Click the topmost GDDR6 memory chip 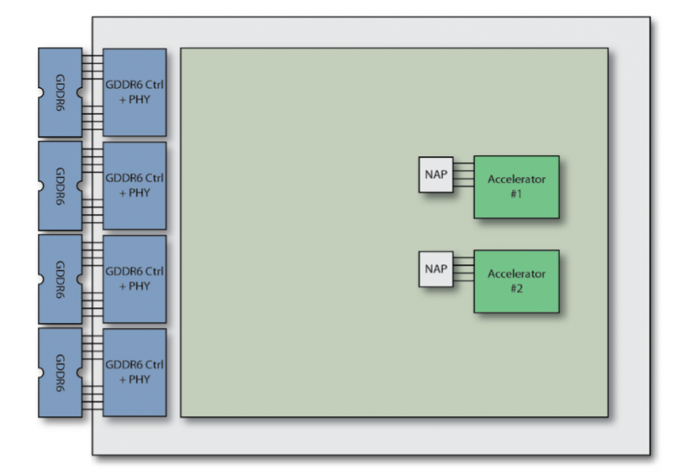[60, 92]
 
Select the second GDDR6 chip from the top [60, 186]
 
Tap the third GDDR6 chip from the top [60, 279]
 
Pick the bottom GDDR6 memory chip [60, 372]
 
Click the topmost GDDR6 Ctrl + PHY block [134, 92]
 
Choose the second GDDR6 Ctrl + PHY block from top [134, 186]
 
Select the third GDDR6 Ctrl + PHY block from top [134, 279]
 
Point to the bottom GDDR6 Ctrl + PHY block [134, 372]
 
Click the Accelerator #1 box [516, 186]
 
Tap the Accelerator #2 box [516, 281]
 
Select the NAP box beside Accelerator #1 [435, 174]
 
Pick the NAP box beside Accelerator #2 [435, 269]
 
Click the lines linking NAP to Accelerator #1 [463, 174]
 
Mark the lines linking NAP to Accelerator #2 [463, 269]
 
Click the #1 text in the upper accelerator [516, 196]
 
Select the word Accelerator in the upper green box [516, 180]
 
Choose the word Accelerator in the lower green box [516, 274]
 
